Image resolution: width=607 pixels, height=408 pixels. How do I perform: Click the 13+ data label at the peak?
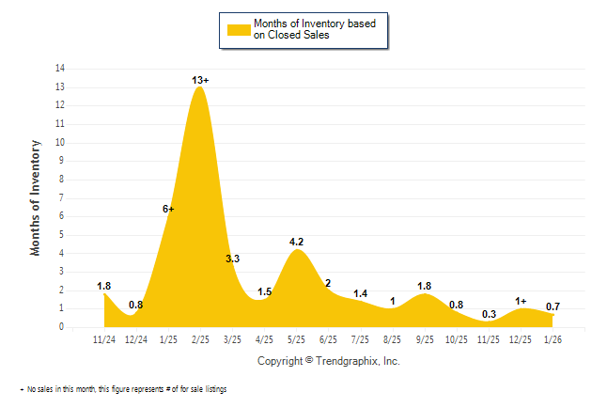pos(200,81)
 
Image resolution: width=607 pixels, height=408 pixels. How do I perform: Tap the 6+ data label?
pos(169,209)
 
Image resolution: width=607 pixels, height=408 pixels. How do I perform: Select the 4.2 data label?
pos(296,242)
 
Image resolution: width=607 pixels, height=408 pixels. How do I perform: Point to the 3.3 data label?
pos(233,259)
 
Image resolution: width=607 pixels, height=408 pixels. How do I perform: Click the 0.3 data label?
pos(489,315)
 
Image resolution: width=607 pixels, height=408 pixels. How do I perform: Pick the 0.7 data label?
pos(553,306)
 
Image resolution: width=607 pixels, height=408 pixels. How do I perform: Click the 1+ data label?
pos(521,301)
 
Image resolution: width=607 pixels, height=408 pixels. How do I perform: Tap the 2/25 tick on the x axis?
pos(200,338)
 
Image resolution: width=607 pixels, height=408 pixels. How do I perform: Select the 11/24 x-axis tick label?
pos(104,338)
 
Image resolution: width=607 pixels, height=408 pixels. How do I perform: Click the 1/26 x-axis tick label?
pos(553,338)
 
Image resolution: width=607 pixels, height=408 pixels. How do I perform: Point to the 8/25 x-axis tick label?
pos(392,338)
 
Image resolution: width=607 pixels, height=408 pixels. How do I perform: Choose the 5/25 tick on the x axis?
pos(296,338)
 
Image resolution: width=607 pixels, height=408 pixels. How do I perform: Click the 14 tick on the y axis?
pos(60,69)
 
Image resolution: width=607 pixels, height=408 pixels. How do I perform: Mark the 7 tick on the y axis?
pos(62,197)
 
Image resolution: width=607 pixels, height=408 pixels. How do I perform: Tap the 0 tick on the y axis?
pos(62,327)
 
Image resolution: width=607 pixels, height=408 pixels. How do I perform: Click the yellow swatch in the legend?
pos(237,30)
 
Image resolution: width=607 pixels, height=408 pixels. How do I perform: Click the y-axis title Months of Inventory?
pos(36,197)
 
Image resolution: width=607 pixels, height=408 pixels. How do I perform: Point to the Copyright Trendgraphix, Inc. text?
pos(328,361)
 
